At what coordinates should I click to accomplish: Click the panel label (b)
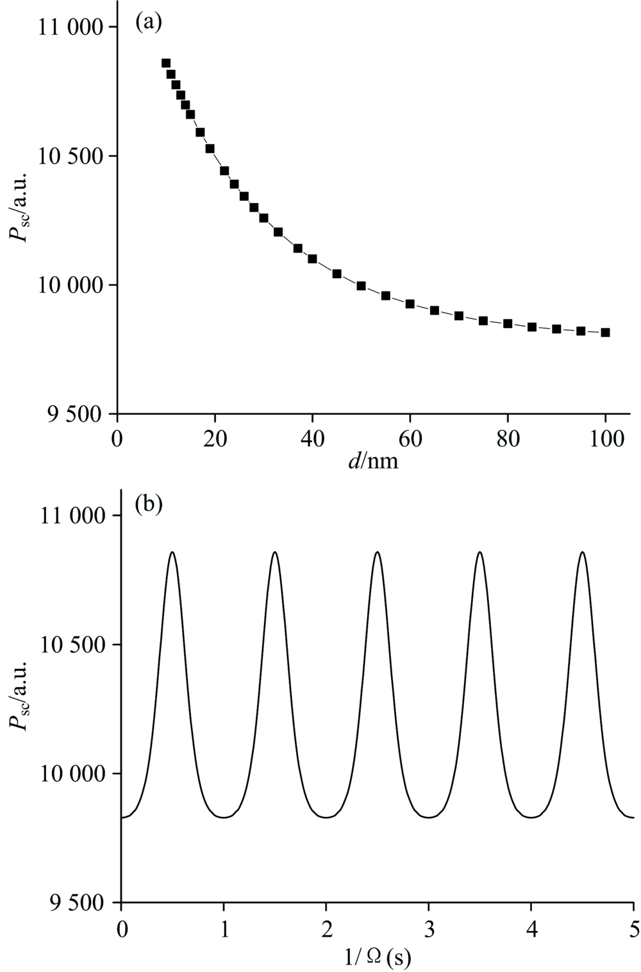[x=149, y=504]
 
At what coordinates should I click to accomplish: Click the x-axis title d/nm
[x=373, y=461]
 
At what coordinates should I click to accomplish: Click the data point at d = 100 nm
[x=605, y=333]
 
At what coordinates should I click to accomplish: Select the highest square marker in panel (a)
[x=166, y=63]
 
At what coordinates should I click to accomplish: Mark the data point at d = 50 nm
[x=361, y=286]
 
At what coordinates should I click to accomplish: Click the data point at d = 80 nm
[x=508, y=324]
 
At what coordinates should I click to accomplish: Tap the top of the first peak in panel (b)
[x=172, y=552]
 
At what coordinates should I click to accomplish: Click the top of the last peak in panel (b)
[x=582, y=552]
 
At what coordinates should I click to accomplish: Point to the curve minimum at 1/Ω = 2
[x=326, y=817]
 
